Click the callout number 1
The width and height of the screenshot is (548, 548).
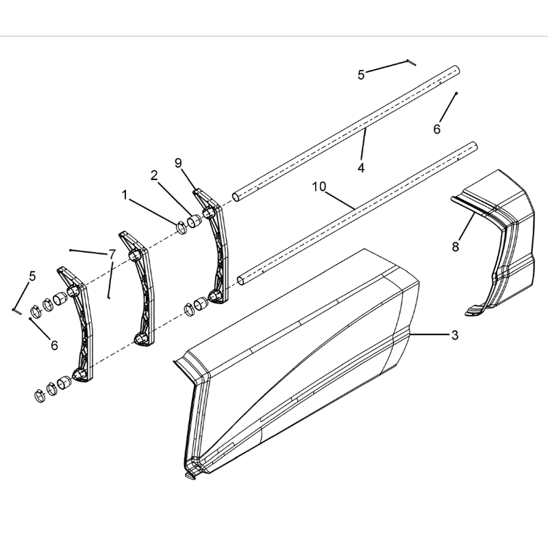(x=125, y=195)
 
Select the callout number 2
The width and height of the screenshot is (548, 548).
(x=154, y=176)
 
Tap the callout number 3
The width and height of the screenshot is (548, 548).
(x=454, y=336)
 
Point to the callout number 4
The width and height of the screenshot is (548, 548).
(x=361, y=168)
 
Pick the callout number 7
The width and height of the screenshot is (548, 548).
(x=112, y=254)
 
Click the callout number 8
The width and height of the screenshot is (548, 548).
(x=455, y=247)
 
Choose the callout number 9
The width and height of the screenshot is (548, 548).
(x=178, y=163)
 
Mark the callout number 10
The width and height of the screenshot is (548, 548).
(x=319, y=187)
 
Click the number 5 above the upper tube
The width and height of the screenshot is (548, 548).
(x=361, y=75)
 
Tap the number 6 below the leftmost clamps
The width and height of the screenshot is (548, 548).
(x=54, y=345)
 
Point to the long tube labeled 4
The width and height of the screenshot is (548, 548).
(x=346, y=133)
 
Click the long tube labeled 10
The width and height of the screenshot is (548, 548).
(x=356, y=214)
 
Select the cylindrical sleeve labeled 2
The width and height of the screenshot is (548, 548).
(x=195, y=221)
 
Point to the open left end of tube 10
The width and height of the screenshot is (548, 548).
(x=241, y=282)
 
